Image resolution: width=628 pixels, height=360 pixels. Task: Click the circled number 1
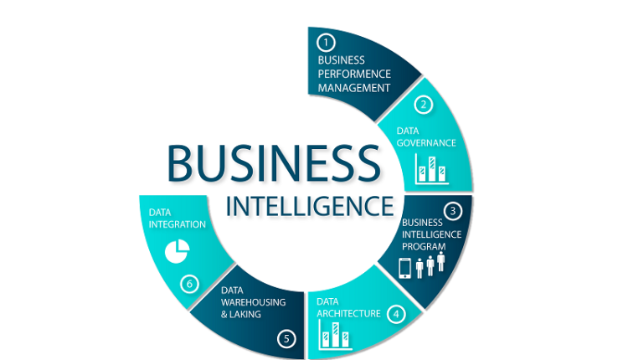(326, 42)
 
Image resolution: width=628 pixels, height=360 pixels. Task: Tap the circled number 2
(425, 105)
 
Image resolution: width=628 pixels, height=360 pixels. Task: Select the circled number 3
(452, 210)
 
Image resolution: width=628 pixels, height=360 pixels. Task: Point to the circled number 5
(287, 339)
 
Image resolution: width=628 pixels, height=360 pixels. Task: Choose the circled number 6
(190, 284)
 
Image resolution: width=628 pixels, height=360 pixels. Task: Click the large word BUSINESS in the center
(272, 163)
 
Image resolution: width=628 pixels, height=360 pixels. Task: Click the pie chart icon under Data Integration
(178, 250)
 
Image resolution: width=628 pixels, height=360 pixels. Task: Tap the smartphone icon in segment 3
(404, 268)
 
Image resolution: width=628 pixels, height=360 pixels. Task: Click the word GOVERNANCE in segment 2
(426, 143)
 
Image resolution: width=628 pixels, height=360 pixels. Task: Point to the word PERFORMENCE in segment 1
(354, 74)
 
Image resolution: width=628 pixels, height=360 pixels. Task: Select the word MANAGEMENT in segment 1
(354, 87)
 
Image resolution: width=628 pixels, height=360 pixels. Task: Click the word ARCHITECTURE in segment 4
(348, 314)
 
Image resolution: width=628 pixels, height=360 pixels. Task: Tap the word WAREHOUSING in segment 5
(254, 301)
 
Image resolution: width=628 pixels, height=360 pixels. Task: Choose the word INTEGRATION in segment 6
(178, 224)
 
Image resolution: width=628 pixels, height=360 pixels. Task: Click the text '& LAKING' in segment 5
(241, 314)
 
